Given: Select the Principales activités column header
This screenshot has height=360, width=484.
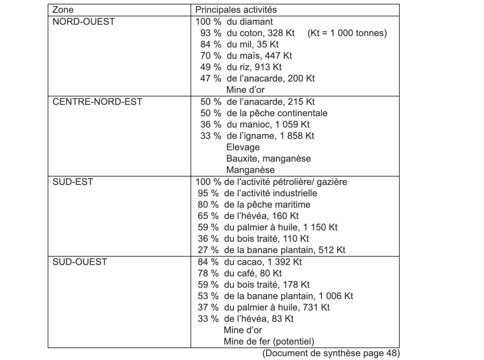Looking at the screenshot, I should click(x=236, y=9).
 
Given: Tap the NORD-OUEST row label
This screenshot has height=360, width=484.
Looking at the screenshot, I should click(x=83, y=22).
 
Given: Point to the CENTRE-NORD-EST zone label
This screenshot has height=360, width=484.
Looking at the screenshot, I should click(x=97, y=102).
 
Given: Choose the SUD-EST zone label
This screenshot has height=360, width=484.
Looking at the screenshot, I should click(x=72, y=182).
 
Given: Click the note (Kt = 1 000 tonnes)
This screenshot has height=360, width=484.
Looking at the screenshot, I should click(x=347, y=33).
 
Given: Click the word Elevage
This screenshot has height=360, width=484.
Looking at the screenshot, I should click(x=243, y=147).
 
